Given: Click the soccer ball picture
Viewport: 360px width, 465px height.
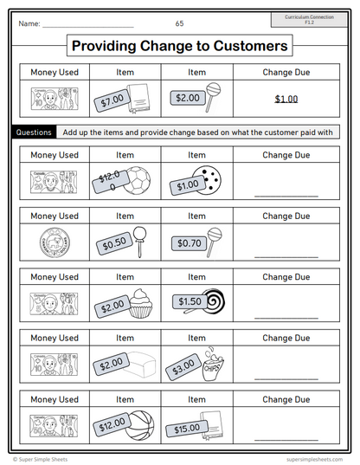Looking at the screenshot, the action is point(137,180).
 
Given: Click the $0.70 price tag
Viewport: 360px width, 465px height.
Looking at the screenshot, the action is point(189,244).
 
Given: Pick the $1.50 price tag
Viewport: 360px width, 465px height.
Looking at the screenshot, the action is point(189,301).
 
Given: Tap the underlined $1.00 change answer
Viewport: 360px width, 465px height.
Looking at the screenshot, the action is point(286,99).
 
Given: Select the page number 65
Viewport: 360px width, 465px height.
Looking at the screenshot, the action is point(179,23).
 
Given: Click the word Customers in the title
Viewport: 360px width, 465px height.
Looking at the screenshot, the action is point(245,46).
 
